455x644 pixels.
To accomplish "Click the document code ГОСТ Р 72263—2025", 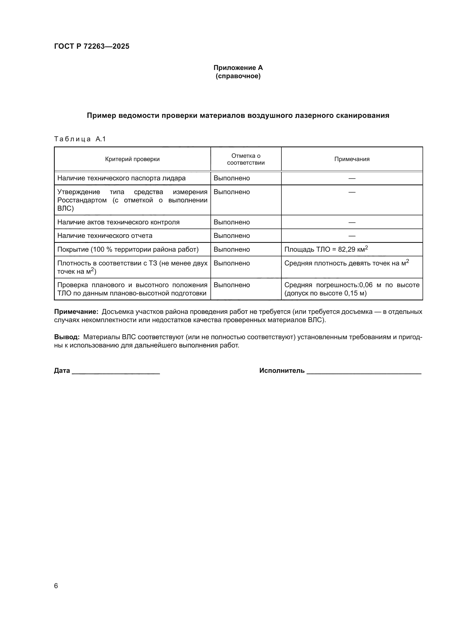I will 92,46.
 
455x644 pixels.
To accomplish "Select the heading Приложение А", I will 238,68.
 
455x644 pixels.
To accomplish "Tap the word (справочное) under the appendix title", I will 238,76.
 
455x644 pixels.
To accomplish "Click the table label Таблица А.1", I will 80,139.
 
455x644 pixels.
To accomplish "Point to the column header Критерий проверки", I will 132,159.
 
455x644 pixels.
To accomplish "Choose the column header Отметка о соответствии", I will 246,159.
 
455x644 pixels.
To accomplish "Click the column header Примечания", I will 352,159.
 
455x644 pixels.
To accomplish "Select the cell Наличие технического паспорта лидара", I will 121,178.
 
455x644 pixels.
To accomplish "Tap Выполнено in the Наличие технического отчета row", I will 231,236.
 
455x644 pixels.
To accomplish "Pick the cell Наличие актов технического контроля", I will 118,222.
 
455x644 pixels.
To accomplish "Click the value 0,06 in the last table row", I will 366,285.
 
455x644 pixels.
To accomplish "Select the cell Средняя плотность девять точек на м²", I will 346,263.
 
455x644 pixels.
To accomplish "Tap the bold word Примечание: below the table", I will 76,312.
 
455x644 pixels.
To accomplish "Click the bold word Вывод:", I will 67,337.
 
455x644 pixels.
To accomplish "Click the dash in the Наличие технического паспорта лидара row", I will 352,178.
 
